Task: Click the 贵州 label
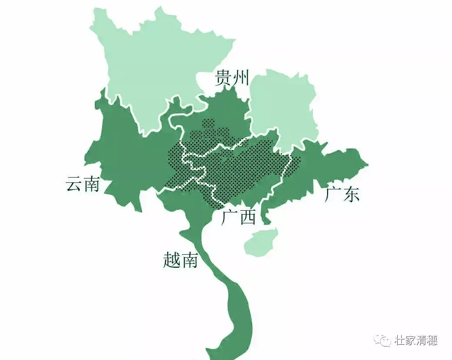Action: coord(232,78)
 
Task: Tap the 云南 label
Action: coord(83,184)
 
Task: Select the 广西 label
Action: coord(238,217)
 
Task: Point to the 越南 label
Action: coord(181,260)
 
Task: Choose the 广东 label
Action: coord(342,194)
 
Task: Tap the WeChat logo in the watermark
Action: coord(383,340)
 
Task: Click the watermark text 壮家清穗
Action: coord(416,340)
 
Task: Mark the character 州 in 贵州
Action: coord(241,78)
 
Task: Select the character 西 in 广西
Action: coord(247,217)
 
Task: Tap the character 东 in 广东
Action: coord(352,194)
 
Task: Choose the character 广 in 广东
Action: coord(333,194)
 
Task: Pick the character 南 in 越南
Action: coord(190,260)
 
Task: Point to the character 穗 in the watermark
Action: coord(432,340)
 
